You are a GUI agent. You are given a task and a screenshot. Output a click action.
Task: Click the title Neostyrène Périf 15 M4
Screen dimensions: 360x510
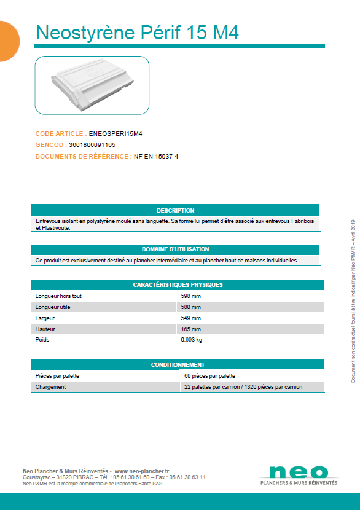[x=137, y=32]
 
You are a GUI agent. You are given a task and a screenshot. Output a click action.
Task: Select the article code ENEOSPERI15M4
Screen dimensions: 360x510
[x=115, y=133]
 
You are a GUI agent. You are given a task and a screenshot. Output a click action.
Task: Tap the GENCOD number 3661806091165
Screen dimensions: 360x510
[x=92, y=144]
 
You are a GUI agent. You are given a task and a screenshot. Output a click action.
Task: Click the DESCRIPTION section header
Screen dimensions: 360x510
[x=175, y=210]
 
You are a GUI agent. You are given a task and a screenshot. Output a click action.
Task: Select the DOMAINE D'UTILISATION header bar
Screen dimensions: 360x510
[x=175, y=249]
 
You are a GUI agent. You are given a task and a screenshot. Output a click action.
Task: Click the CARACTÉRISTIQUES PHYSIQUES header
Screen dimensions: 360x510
[x=178, y=285]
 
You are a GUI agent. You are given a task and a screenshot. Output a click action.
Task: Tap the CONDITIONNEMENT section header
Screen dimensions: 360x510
[x=178, y=364]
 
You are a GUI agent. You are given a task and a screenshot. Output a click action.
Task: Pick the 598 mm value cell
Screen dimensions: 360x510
[x=190, y=296]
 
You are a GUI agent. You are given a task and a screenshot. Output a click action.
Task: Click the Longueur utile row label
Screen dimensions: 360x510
[x=53, y=307]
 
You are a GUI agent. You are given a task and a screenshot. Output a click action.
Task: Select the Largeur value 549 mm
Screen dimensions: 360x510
[x=190, y=318]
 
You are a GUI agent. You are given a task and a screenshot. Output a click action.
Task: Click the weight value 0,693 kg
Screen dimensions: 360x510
[x=191, y=339]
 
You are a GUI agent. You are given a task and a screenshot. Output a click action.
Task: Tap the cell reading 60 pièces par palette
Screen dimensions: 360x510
[x=209, y=375]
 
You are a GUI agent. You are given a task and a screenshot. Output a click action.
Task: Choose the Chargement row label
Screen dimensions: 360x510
[x=50, y=386]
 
